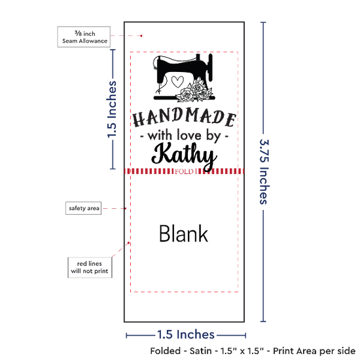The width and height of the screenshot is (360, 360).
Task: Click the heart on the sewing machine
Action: (177, 82)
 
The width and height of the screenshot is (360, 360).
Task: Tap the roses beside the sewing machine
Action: (194, 91)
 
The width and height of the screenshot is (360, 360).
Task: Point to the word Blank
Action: (184, 234)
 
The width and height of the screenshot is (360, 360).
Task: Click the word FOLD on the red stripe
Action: (184, 171)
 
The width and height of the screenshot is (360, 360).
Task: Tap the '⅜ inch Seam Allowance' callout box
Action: (84, 37)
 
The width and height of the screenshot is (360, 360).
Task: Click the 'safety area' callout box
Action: (84, 208)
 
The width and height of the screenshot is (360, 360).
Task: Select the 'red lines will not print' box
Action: (90, 268)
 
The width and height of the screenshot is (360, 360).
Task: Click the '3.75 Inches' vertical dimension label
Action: (264, 171)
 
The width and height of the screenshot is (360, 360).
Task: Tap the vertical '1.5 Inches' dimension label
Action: (113, 109)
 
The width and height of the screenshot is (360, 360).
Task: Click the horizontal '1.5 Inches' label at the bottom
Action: (186, 334)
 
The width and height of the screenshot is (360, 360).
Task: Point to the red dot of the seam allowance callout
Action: (141, 36)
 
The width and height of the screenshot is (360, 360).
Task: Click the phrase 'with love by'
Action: (184, 135)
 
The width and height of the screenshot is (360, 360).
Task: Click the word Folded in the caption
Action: (166, 351)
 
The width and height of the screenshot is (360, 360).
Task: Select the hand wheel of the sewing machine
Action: (210, 67)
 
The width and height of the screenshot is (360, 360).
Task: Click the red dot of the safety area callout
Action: (126, 208)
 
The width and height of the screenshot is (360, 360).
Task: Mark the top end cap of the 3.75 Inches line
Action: (263, 22)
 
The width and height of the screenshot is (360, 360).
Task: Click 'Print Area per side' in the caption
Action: (314, 351)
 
